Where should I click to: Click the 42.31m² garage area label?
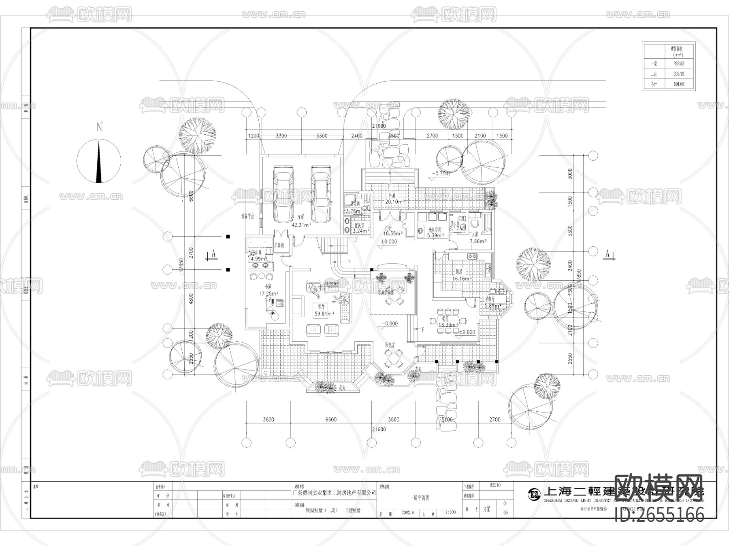[x=301, y=225]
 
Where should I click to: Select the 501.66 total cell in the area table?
[x=676, y=84]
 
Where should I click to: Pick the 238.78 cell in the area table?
[x=676, y=74]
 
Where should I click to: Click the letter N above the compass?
[x=99, y=127]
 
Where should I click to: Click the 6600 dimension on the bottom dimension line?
[x=330, y=419]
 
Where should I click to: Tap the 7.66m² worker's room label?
[x=477, y=241]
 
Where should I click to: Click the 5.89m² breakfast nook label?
[x=492, y=306]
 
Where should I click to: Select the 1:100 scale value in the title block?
[x=450, y=512]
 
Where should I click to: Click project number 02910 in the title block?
[x=495, y=485]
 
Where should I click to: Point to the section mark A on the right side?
[x=607, y=254]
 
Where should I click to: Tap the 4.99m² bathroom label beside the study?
[x=258, y=259]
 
